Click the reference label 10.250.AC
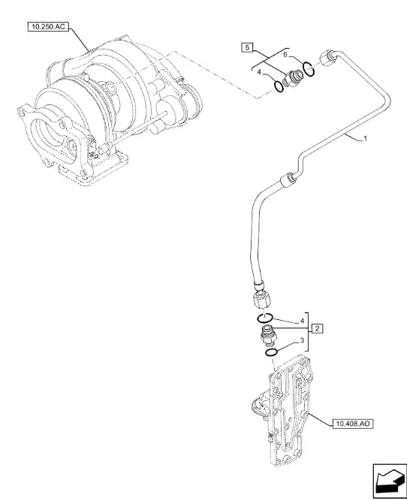click(x=47, y=26)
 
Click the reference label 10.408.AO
click(x=353, y=424)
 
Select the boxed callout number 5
click(x=247, y=47)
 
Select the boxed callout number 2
click(x=317, y=328)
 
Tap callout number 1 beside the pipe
click(x=366, y=139)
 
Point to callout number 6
click(x=286, y=55)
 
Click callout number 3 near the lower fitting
click(x=302, y=341)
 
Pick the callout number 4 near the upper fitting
click(x=259, y=73)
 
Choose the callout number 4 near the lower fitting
click(x=302, y=321)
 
